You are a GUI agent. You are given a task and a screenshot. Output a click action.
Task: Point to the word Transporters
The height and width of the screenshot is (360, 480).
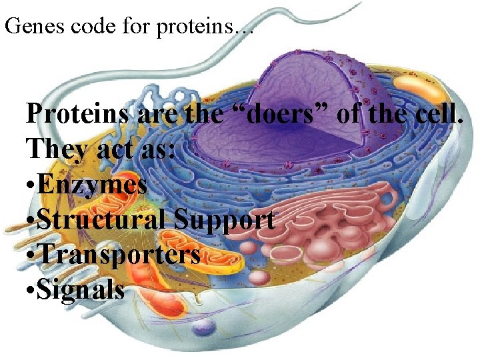pos(119,255)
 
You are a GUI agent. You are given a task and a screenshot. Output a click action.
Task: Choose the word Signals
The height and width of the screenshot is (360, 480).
pos(81,290)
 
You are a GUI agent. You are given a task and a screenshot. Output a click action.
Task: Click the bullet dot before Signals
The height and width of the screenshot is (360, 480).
pos(30,291)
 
